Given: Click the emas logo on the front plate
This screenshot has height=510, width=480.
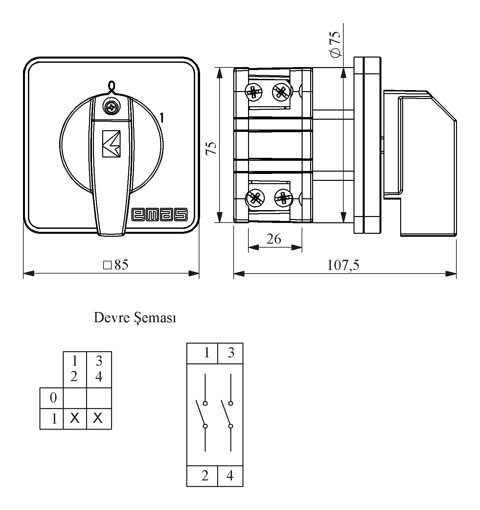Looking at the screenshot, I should pyautogui.click(x=159, y=215).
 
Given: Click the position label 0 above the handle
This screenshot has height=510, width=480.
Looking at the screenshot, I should pyautogui.click(x=112, y=85).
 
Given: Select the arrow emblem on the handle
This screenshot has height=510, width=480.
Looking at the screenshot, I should pyautogui.click(x=111, y=144).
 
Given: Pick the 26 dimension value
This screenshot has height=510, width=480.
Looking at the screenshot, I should pyautogui.click(x=274, y=239).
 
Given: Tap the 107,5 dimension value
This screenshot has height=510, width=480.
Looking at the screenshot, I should pyautogui.click(x=343, y=265).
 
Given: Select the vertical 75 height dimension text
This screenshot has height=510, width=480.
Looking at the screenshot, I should pyautogui.click(x=211, y=148).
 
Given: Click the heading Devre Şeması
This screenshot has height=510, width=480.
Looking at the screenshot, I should pyautogui.click(x=135, y=318).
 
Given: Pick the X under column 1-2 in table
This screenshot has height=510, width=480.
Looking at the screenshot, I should pyautogui.click(x=75, y=418).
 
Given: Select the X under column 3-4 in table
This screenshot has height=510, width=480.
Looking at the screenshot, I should pyautogui.click(x=98, y=418).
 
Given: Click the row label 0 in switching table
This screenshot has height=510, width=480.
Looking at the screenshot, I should pyautogui.click(x=53, y=398).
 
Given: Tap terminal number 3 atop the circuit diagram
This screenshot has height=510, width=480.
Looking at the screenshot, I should pyautogui.click(x=231, y=353).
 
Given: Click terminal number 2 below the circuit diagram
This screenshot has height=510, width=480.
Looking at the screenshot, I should pyautogui.click(x=205, y=475).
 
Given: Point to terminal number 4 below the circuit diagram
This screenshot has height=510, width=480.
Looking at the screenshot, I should pyautogui.click(x=230, y=475).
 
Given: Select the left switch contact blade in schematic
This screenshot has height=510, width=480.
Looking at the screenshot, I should pyautogui.click(x=201, y=413).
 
